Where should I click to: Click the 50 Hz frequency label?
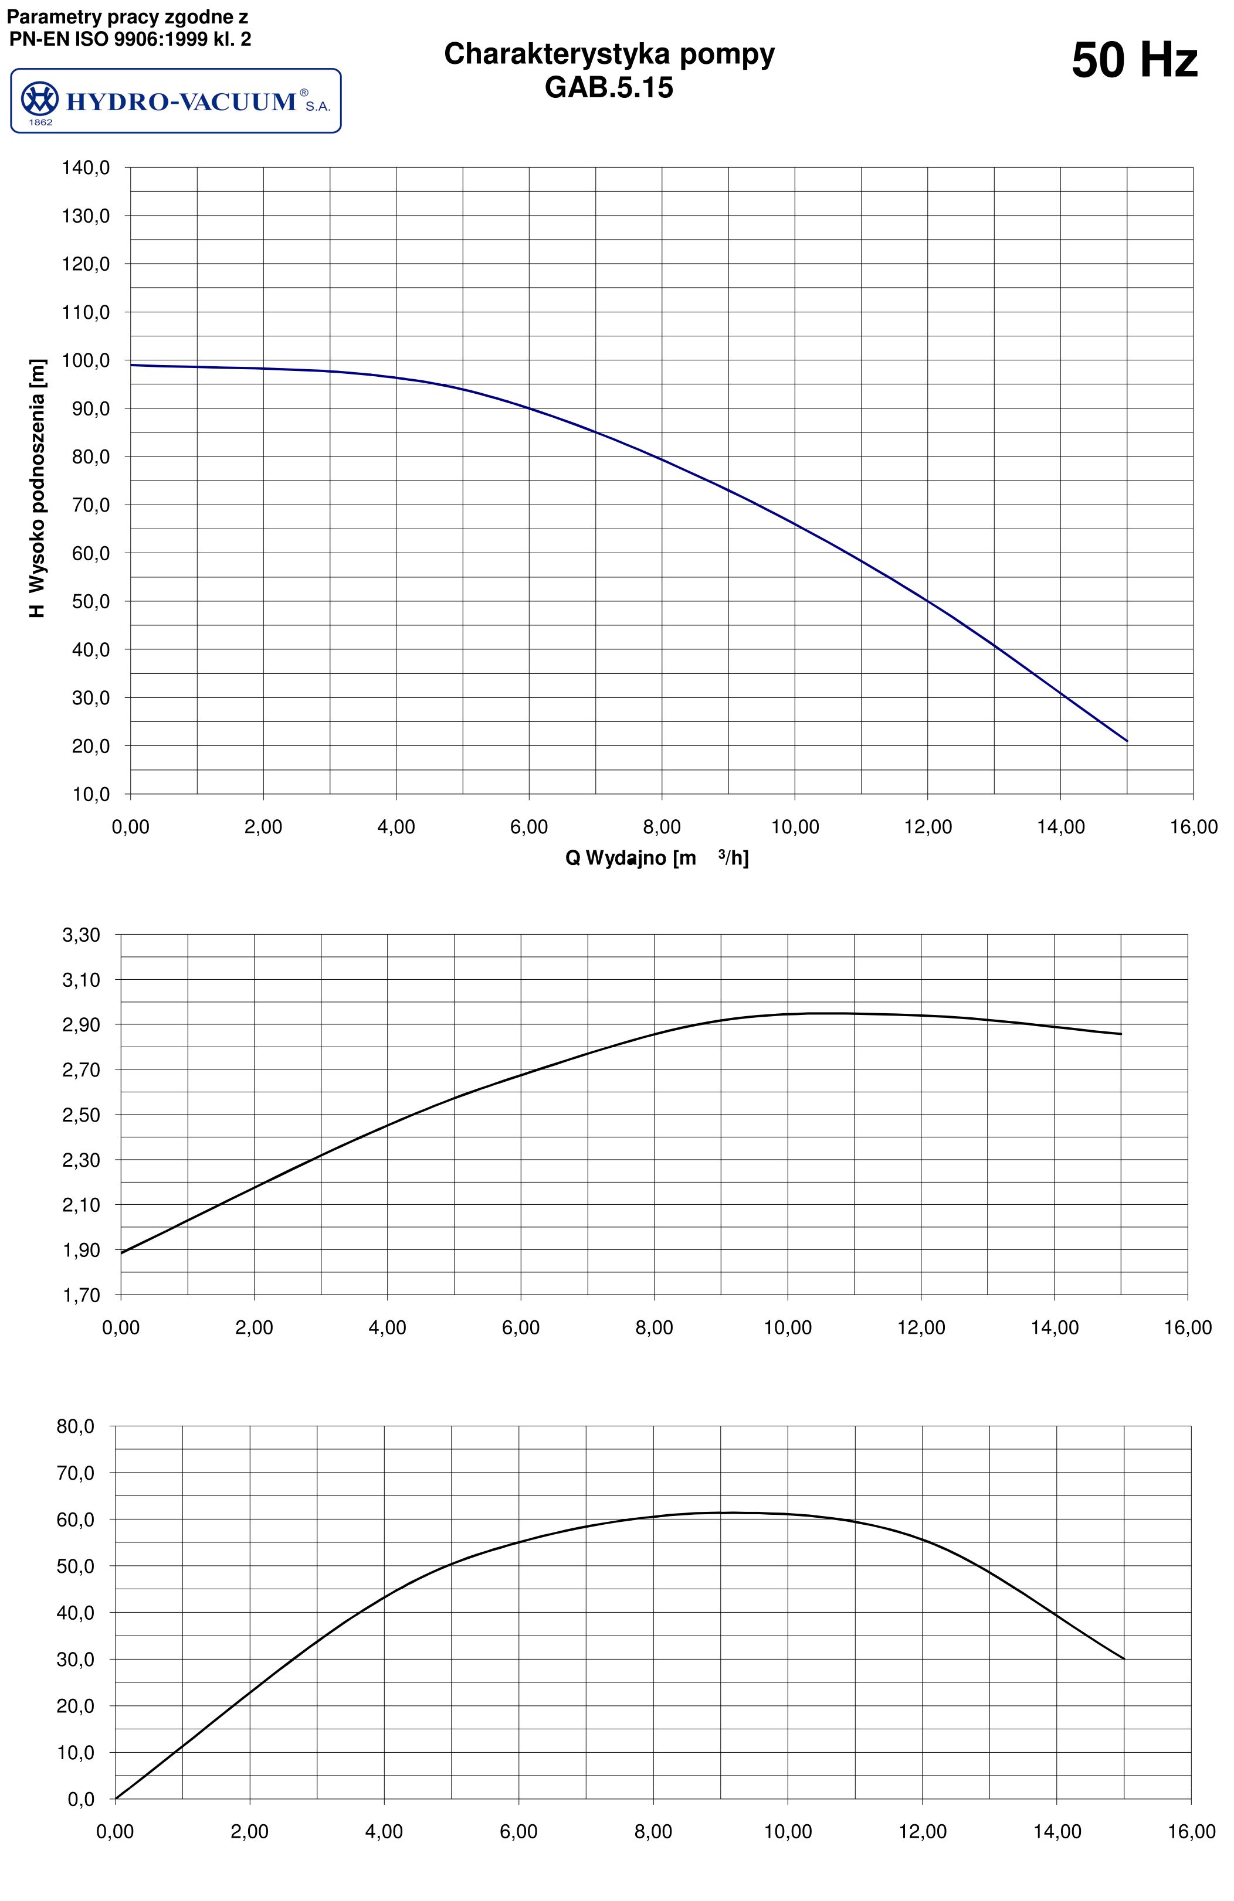click(1134, 61)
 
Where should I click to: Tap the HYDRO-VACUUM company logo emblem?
click(40, 99)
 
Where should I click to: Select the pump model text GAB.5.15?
click(608, 88)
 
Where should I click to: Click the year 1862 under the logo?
click(40, 122)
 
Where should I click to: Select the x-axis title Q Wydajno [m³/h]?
click(656, 858)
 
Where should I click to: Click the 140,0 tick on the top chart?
click(86, 168)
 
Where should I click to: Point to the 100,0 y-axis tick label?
click(86, 360)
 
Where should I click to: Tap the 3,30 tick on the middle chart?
click(81, 935)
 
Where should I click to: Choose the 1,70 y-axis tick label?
click(81, 1296)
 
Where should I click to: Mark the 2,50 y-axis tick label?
click(81, 1115)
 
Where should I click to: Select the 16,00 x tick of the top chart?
click(1194, 827)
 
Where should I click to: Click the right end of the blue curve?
click(1127, 741)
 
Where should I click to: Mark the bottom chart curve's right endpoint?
click(1124, 1659)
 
